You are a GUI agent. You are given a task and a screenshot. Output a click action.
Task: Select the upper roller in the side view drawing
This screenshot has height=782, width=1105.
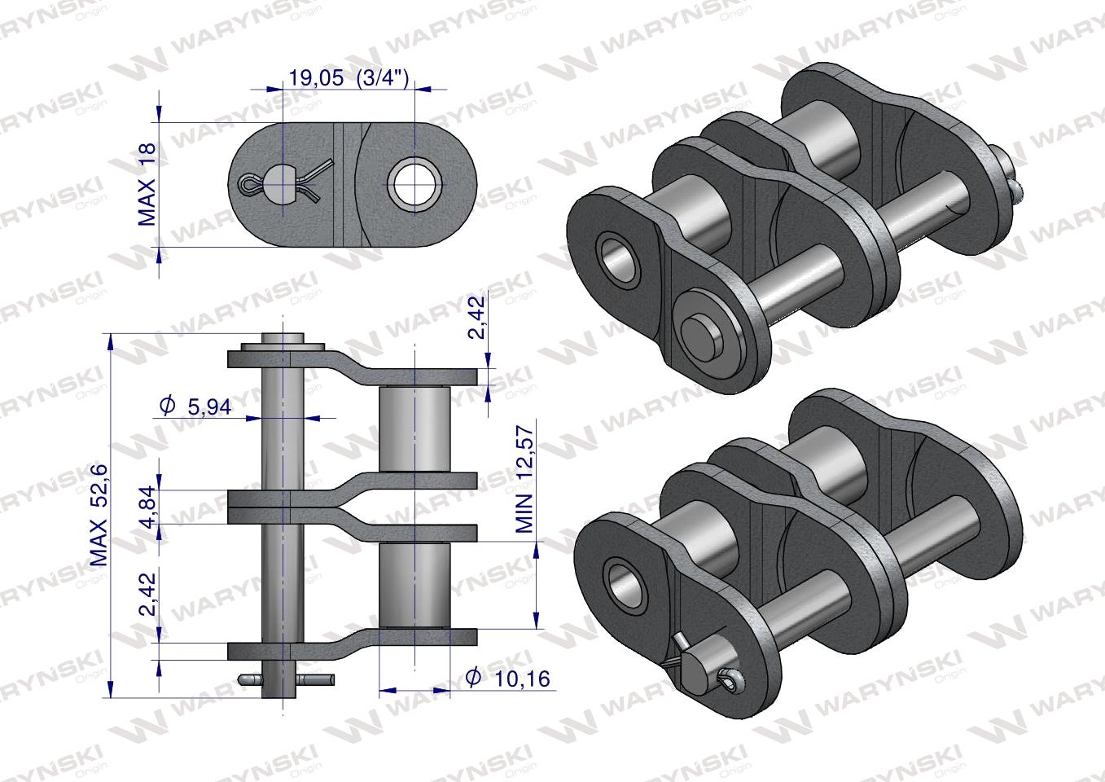point(415,428)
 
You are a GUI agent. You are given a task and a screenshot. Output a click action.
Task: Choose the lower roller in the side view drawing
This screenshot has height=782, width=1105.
point(415,584)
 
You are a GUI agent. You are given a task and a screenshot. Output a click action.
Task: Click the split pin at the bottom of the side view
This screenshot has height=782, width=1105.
point(284,679)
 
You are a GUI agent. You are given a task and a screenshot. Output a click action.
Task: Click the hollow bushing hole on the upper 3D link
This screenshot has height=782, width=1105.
point(618,256)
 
